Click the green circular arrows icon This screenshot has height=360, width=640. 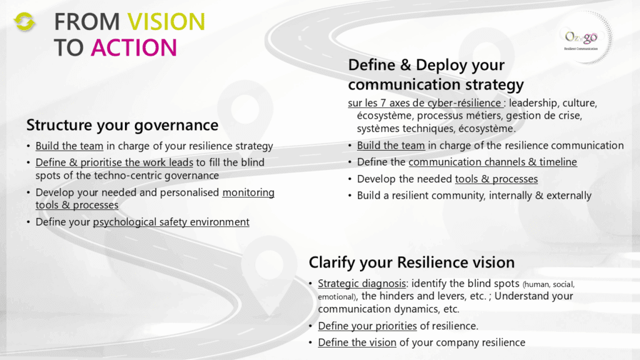24,22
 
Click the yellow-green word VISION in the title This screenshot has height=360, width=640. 166,22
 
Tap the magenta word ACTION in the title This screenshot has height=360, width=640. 134,47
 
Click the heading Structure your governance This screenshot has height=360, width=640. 122,125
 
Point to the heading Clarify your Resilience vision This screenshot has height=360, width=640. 411,262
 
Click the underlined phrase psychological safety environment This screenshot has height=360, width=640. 171,222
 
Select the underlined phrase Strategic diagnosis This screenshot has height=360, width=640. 362,283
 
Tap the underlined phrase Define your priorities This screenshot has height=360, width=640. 367,326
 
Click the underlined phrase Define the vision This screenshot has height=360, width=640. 357,342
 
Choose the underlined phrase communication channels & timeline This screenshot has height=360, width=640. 492,162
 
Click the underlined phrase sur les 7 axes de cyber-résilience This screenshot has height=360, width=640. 424,103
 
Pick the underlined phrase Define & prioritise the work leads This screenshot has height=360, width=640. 114,162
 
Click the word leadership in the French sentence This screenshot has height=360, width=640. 533,103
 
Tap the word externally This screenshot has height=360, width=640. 569,196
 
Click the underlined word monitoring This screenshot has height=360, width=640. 248,192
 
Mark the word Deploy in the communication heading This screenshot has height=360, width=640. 441,65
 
